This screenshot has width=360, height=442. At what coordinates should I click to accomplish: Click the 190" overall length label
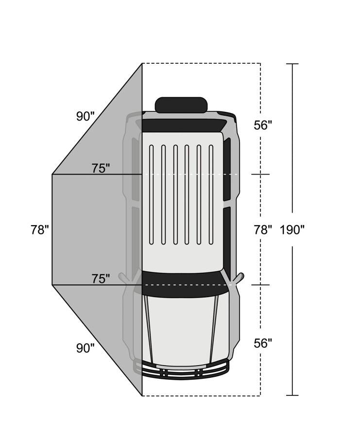pyautogui.click(x=292, y=230)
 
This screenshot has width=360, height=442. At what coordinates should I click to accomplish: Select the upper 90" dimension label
pyautogui.click(x=85, y=116)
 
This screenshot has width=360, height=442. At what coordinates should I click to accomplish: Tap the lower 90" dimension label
pyautogui.click(x=85, y=348)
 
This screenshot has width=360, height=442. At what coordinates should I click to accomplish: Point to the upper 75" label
pyautogui.click(x=101, y=168)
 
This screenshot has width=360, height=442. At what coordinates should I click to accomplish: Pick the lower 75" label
pyautogui.click(x=101, y=279)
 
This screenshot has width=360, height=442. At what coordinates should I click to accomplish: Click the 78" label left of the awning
pyautogui.click(x=40, y=230)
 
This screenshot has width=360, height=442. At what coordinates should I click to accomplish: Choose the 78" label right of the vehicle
pyautogui.click(x=263, y=230)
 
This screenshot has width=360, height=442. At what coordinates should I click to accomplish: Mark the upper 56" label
pyautogui.click(x=263, y=125)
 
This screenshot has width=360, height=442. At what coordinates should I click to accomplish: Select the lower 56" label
pyautogui.click(x=263, y=343)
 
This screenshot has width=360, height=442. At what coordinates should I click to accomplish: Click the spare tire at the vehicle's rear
pyautogui.click(x=181, y=105)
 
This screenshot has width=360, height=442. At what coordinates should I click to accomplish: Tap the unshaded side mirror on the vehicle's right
pyautogui.click(x=238, y=279)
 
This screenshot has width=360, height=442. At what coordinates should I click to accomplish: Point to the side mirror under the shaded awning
pyautogui.click(x=125, y=279)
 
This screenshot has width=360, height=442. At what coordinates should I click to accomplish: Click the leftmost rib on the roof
pyautogui.click(x=152, y=194)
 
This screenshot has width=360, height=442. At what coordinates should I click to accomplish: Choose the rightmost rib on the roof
pyautogui.click(x=211, y=194)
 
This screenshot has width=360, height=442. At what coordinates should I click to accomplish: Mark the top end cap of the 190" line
pyautogui.click(x=292, y=64)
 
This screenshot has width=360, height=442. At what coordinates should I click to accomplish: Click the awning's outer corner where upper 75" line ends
pyautogui.click(x=52, y=174)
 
